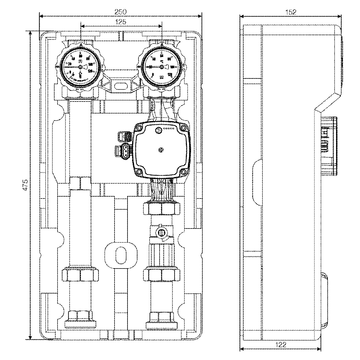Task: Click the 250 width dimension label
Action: point(120,10)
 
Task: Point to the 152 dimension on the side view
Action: point(291,10)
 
